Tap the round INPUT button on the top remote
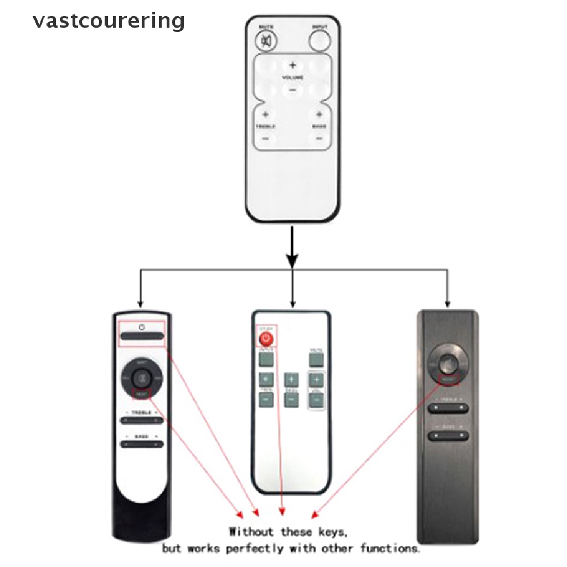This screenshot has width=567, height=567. click(x=319, y=40)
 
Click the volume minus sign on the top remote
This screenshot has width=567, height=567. click(x=292, y=90)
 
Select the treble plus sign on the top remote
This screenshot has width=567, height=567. click(x=265, y=115)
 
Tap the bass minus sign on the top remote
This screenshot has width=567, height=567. click(x=319, y=138)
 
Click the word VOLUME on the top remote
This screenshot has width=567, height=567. click(x=292, y=78)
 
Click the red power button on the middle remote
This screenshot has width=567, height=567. click(x=267, y=338)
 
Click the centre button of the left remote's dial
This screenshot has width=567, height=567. click(x=142, y=379)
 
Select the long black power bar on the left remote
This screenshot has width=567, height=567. click(x=142, y=336)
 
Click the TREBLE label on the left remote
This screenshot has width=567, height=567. click(x=142, y=413)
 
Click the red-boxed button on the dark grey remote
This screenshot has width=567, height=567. click(x=448, y=380)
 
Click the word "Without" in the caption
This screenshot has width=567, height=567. click(x=251, y=532)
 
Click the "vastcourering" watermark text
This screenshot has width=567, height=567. click(x=109, y=21)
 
